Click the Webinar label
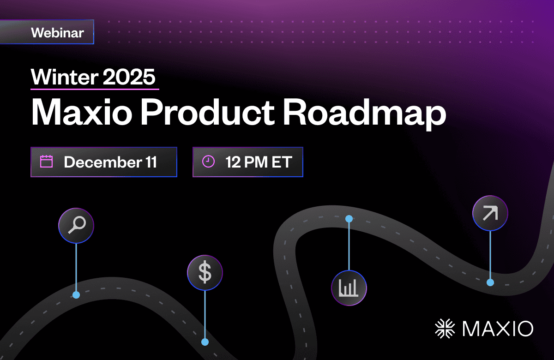click(57, 33)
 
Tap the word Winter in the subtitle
click(65, 77)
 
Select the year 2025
click(129, 77)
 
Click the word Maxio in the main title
click(82, 112)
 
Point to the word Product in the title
click(208, 112)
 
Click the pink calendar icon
click(46, 162)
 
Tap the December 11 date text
click(110, 162)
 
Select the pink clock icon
click(208, 162)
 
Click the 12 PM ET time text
click(259, 162)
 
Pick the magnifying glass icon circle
click(76, 226)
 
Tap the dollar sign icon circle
click(205, 272)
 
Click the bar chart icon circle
click(349, 288)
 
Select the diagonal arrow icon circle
click(490, 213)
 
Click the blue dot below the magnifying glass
click(76, 295)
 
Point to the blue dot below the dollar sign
click(205, 342)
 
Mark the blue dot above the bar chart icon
click(349, 219)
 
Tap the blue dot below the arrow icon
click(490, 282)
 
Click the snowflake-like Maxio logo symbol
click(445, 329)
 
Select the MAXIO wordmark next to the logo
click(498, 329)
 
